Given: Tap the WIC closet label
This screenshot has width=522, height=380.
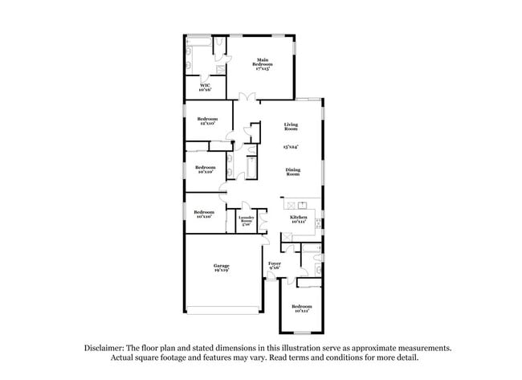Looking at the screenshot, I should point(205,86).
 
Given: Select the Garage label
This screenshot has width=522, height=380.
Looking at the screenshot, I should point(221,266).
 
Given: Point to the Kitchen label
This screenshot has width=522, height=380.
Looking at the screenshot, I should point(298,218).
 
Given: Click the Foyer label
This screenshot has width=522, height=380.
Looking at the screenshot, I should point(275,264).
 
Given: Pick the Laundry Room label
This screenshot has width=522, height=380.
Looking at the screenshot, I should point(247,219).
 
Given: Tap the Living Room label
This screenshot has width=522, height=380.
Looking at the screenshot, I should point(291,126).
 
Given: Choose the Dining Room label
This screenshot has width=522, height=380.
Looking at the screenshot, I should point(293,172).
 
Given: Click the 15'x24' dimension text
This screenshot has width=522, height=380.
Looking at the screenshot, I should point(291,148).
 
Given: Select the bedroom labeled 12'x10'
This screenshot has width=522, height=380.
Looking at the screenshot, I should point(208,121).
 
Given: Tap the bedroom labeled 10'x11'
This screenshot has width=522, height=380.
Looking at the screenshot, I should point(301,308).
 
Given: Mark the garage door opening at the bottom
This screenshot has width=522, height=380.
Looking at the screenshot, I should point(223,312).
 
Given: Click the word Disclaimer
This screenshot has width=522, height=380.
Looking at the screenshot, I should point(106,348).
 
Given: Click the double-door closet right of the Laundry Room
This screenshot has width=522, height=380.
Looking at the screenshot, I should point(263,222).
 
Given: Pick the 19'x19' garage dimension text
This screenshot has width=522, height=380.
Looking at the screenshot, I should point(221,272).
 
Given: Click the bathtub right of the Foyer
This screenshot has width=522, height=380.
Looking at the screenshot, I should point(310,264).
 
